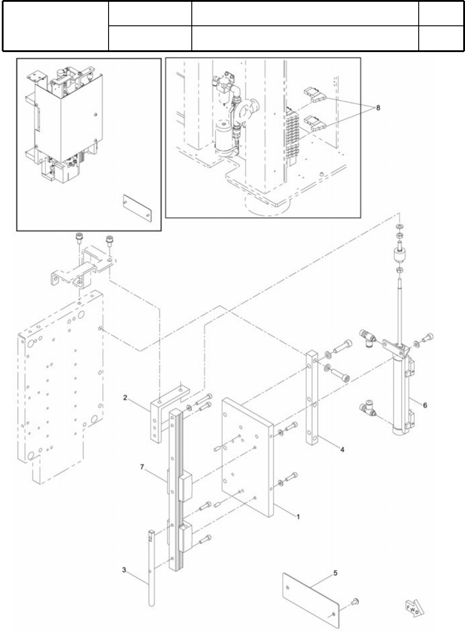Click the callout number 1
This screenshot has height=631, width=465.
pos(299,517)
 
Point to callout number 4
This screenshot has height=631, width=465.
pos(342,450)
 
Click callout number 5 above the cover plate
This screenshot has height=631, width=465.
pos(335,573)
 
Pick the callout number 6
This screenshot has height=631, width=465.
pos(425,405)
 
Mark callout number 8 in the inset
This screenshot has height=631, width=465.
pos(378,108)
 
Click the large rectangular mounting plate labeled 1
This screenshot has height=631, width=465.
pos(247,458)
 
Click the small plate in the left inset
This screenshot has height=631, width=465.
pos(137,207)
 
